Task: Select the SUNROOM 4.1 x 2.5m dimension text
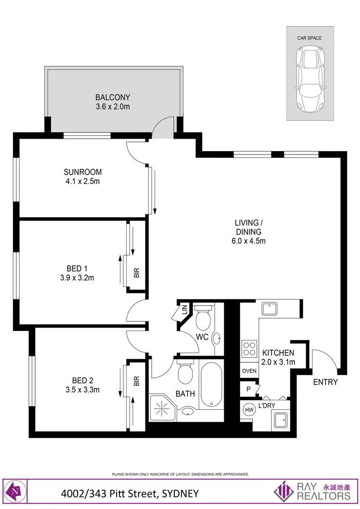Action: pos(83,181)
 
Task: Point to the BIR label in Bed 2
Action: pos(136,382)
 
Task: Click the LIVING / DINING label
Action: pos(248,223)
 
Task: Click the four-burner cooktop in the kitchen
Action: pos(249,348)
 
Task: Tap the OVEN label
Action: pos(249,371)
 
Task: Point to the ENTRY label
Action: pos(325,382)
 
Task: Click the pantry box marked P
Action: pos(249,389)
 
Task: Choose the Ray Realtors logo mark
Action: pos(284,491)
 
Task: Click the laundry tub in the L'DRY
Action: pos(279,419)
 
